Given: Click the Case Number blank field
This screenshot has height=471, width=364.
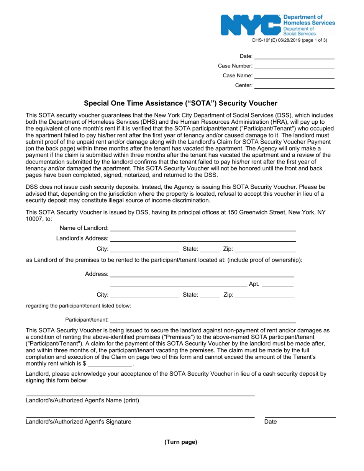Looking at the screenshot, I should pyautogui.click(x=295, y=66).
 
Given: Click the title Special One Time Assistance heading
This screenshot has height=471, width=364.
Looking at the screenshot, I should pyautogui.click(x=180, y=103).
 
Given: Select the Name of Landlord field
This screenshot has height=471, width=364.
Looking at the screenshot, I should pyautogui.click(x=203, y=228).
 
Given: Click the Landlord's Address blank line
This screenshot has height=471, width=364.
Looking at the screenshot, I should pyautogui.click(x=203, y=239).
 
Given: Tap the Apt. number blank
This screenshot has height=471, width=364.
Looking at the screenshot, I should pyautogui.click(x=277, y=284).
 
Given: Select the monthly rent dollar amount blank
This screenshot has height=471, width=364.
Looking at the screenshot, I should pyautogui.click(x=110, y=364).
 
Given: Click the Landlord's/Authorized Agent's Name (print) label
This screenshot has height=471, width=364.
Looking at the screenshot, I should pyautogui.click(x=82, y=401).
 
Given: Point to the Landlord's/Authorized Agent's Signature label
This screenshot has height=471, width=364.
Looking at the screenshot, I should pyautogui.click(x=79, y=422).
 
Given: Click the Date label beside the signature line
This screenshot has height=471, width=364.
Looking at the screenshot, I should pyautogui.click(x=271, y=422).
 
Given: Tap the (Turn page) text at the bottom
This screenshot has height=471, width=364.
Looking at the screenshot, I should pyautogui.click(x=181, y=442).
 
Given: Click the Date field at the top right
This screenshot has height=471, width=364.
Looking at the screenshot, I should pyautogui.click(x=295, y=56).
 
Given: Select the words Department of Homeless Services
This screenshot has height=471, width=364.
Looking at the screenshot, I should pyautogui.click(x=308, y=20).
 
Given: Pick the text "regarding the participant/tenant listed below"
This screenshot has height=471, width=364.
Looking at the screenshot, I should pyautogui.click(x=79, y=306).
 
